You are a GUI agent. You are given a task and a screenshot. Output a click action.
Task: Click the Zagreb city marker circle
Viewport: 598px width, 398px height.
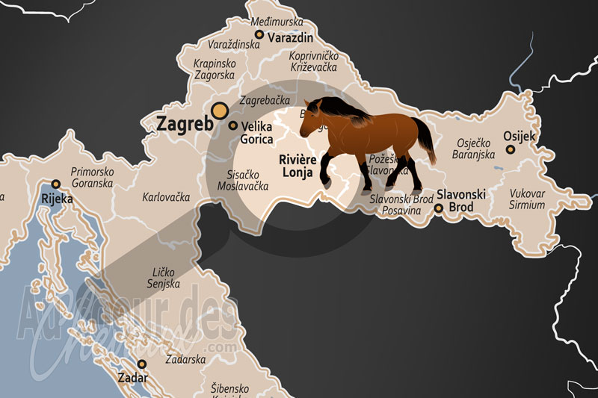[220, 111]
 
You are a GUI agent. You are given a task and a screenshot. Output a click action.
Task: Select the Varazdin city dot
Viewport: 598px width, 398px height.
[259, 34]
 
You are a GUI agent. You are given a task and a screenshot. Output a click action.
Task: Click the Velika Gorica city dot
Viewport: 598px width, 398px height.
[233, 126]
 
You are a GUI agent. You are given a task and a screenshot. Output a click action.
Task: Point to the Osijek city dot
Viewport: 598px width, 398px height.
[511, 149]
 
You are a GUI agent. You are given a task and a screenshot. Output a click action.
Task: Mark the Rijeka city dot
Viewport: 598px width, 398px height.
[55, 184]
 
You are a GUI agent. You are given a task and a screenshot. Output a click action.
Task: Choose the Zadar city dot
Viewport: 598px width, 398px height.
[141, 364]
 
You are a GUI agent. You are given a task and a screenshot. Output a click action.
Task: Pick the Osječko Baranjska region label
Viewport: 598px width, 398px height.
[474, 149]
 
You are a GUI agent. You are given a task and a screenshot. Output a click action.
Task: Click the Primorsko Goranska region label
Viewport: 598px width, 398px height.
[91, 177]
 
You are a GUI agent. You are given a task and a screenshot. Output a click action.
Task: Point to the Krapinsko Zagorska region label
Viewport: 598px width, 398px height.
[215, 70]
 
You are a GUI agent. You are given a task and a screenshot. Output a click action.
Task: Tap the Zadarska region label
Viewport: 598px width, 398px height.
[185, 359]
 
